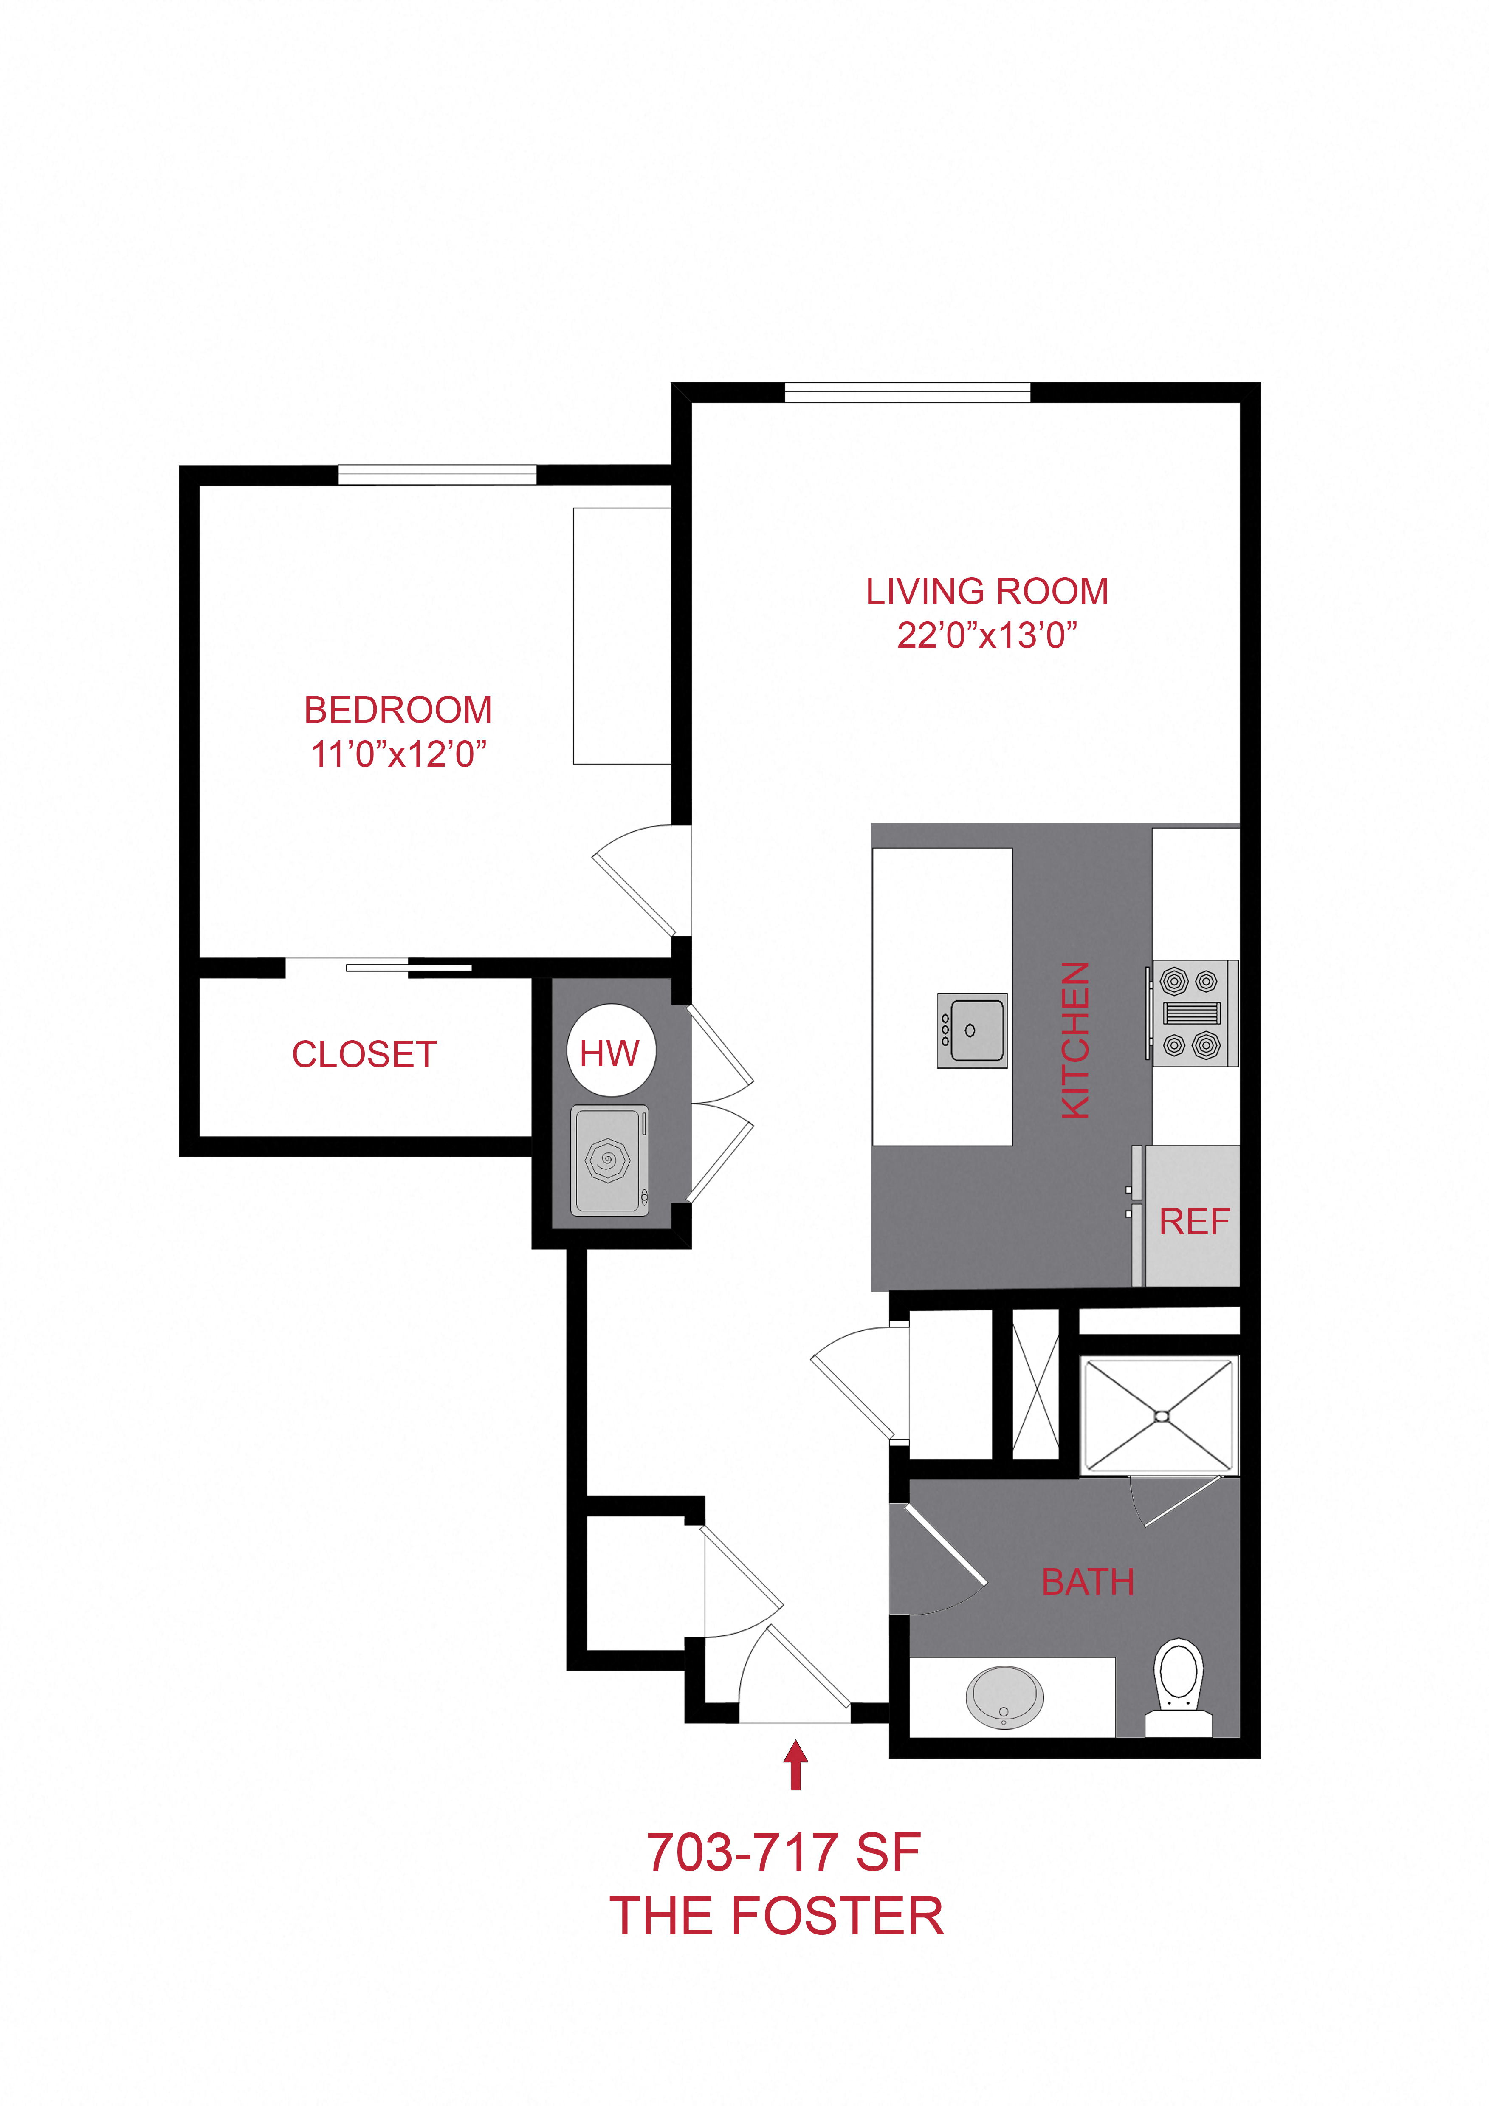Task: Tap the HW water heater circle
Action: click(x=611, y=1051)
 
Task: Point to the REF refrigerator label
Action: click(x=1194, y=1222)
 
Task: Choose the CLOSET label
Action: click(x=364, y=1055)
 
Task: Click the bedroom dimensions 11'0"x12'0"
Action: click(x=398, y=754)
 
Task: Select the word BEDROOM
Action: click(x=398, y=710)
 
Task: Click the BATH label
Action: click(x=1087, y=1581)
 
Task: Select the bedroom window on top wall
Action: click(x=437, y=475)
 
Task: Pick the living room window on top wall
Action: click(x=908, y=392)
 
